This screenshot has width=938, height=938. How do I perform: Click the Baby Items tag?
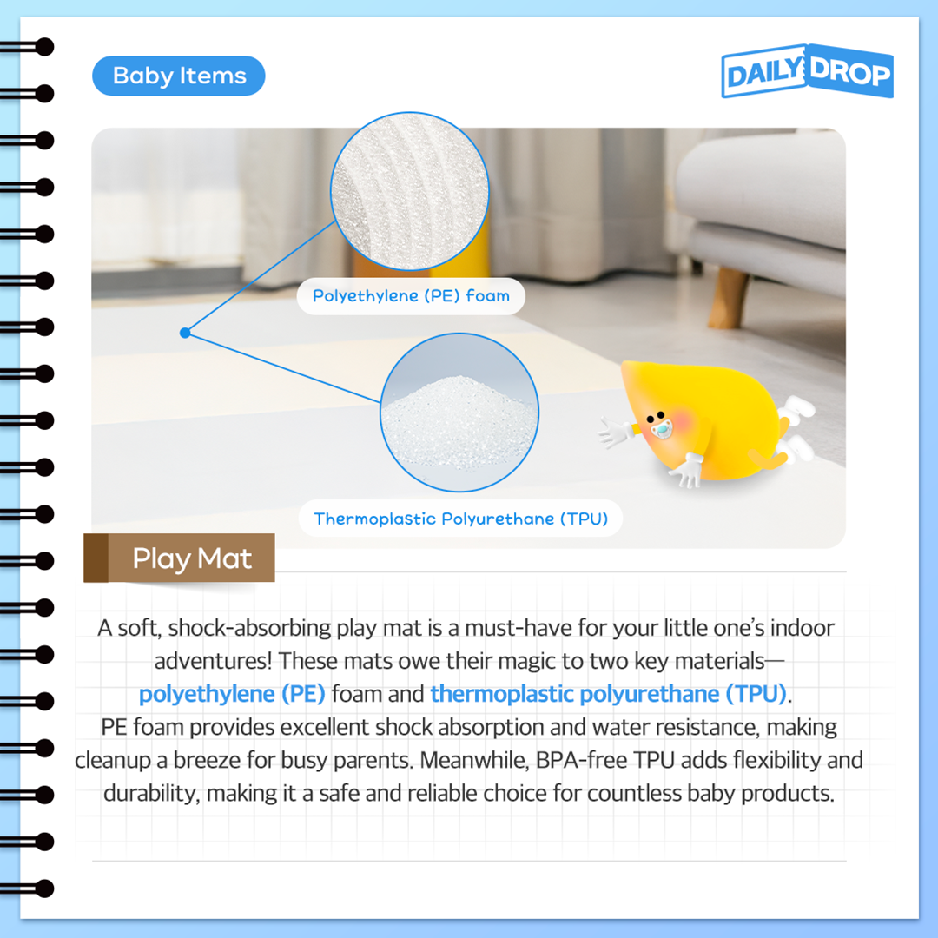[x=179, y=76]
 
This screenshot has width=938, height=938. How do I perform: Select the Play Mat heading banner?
[x=180, y=558]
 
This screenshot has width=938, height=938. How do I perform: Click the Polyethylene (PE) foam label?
[x=411, y=296]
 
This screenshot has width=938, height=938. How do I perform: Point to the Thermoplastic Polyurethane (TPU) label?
[x=460, y=519]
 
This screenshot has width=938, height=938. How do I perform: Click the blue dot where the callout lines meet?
[x=184, y=333]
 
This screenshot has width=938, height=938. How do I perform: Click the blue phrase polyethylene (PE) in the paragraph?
[x=232, y=694]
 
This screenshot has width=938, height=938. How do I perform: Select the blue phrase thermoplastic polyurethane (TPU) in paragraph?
[x=608, y=694]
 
